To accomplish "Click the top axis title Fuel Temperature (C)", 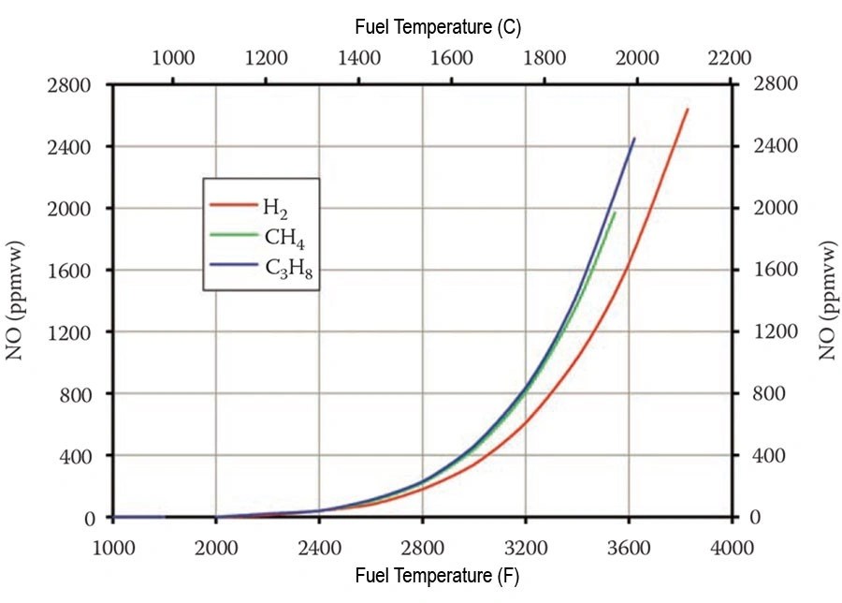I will (438, 27).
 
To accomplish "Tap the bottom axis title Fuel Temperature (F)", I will (437, 577).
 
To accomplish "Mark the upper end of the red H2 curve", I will (688, 109).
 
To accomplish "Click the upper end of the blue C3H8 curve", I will (634, 139).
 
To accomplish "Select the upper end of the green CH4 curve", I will (615, 213).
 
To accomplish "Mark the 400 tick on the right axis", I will (770, 456).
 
